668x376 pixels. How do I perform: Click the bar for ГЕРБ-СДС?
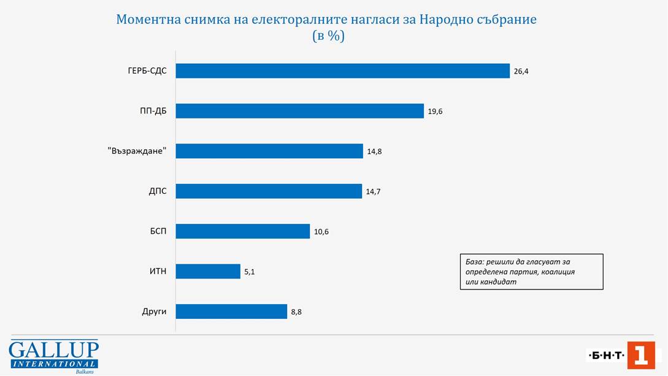pos(342,71)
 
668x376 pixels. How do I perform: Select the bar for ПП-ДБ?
pos(299,111)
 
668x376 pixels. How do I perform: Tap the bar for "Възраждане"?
pos(269,151)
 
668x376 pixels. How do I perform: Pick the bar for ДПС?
pos(269,191)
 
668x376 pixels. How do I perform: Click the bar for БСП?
pos(242,231)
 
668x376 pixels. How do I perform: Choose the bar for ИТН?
pos(208,271)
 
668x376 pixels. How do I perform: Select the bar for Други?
pos(231,312)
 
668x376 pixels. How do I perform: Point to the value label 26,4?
pos(521,72)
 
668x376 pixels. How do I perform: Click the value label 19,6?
pos(435,112)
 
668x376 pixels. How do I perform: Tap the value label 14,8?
pos(374,152)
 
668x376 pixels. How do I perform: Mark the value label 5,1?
pos(249,272)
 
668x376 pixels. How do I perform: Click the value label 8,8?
pos(296,312)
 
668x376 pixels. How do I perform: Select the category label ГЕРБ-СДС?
pos(143,71)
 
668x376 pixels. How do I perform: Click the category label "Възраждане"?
pos(137,151)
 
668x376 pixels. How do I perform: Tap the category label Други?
pos(154,312)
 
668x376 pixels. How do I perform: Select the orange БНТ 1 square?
pos(640,355)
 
